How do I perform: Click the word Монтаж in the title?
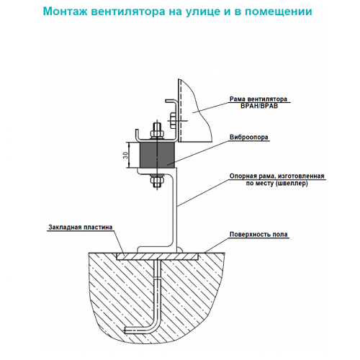coord(65,12)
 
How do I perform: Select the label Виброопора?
coord(249,138)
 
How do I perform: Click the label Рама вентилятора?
coord(258,99)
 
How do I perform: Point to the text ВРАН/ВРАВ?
coord(259,106)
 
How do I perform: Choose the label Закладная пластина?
coord(81,228)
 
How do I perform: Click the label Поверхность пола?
coord(258,235)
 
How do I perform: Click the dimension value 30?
coord(125,155)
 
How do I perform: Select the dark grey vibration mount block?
coord(158,155)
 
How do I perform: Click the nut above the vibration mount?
coord(157,133)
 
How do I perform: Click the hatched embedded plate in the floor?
coord(157,256)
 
